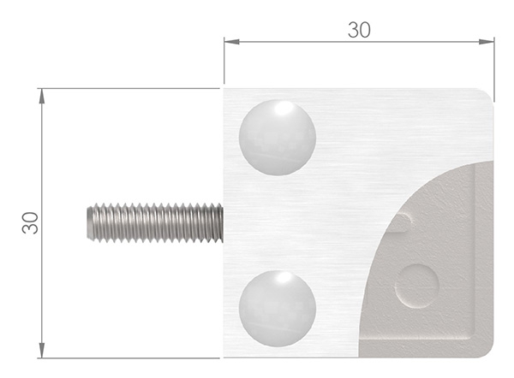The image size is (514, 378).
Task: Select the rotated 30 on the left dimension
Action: pyautogui.click(x=29, y=222)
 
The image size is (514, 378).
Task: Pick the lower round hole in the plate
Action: pyautogui.click(x=277, y=309)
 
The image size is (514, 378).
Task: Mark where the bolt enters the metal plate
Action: pyautogui.click(x=223, y=222)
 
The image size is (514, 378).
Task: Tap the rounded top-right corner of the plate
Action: pyautogui.click(x=487, y=94)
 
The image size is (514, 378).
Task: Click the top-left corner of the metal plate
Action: pyautogui.click(x=224, y=89)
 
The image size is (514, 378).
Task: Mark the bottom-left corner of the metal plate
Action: pyautogui.click(x=224, y=357)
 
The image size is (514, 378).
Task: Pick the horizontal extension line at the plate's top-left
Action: pyautogui.click(x=128, y=88)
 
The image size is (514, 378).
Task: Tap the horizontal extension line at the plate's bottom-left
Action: pyautogui.click(x=128, y=357)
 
